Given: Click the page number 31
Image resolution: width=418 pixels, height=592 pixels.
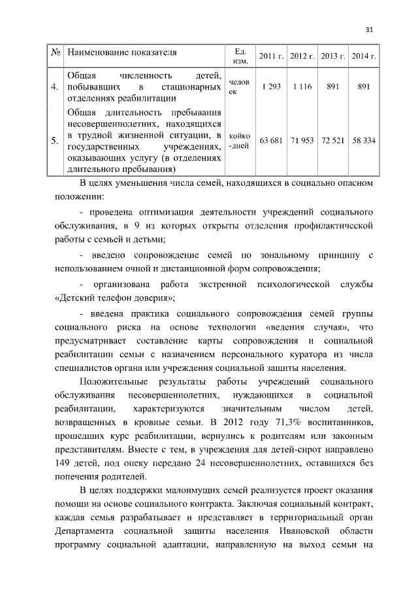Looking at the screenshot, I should click(370, 29).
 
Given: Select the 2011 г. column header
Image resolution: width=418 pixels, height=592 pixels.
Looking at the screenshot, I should click(270, 56).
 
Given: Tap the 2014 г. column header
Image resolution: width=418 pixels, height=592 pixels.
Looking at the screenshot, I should click(364, 56).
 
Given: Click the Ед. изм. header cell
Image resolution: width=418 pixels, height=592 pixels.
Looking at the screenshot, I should click(239, 56).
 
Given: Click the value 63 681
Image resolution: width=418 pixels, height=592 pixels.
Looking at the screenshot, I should click(270, 141).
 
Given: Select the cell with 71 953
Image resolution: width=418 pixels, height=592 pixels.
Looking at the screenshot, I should click(302, 141).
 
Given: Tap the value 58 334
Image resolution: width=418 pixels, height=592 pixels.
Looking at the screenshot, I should click(364, 141).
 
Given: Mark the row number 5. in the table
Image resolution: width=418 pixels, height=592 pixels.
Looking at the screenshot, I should click(55, 141).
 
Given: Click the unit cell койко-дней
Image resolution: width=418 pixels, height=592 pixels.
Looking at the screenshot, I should click(239, 141).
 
